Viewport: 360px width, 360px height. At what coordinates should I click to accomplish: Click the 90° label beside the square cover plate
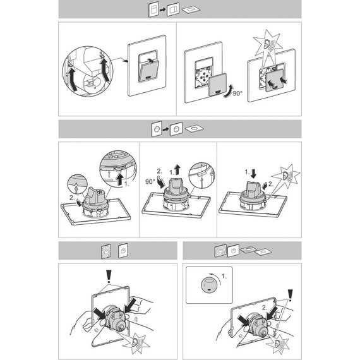coord(237,93)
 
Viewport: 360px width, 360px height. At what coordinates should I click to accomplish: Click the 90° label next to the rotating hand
coord(150,182)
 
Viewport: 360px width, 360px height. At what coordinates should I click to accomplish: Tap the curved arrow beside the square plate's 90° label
coord(229,92)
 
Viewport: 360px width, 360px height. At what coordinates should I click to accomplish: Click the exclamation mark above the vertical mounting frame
coord(109,277)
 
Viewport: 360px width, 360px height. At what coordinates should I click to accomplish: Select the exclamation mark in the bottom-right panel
coord(290,296)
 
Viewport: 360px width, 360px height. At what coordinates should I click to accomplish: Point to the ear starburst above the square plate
coord(268,45)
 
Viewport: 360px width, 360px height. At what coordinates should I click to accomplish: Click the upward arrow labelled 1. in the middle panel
coord(177,170)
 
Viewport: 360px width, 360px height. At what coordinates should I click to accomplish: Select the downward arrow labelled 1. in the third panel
coord(253,174)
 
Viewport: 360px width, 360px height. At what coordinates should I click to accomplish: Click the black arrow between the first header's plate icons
coord(163,10)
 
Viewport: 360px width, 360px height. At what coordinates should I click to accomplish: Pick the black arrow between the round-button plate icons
coord(165,129)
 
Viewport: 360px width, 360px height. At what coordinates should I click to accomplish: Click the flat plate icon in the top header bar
coord(191,9)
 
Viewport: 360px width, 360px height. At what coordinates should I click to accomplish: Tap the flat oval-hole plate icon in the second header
coord(195,128)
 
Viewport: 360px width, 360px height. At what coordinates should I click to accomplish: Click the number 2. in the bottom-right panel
coord(265,308)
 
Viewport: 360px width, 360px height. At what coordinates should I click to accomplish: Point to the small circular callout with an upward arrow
coord(78,184)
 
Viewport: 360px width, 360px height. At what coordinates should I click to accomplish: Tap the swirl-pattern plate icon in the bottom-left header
coord(106,251)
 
